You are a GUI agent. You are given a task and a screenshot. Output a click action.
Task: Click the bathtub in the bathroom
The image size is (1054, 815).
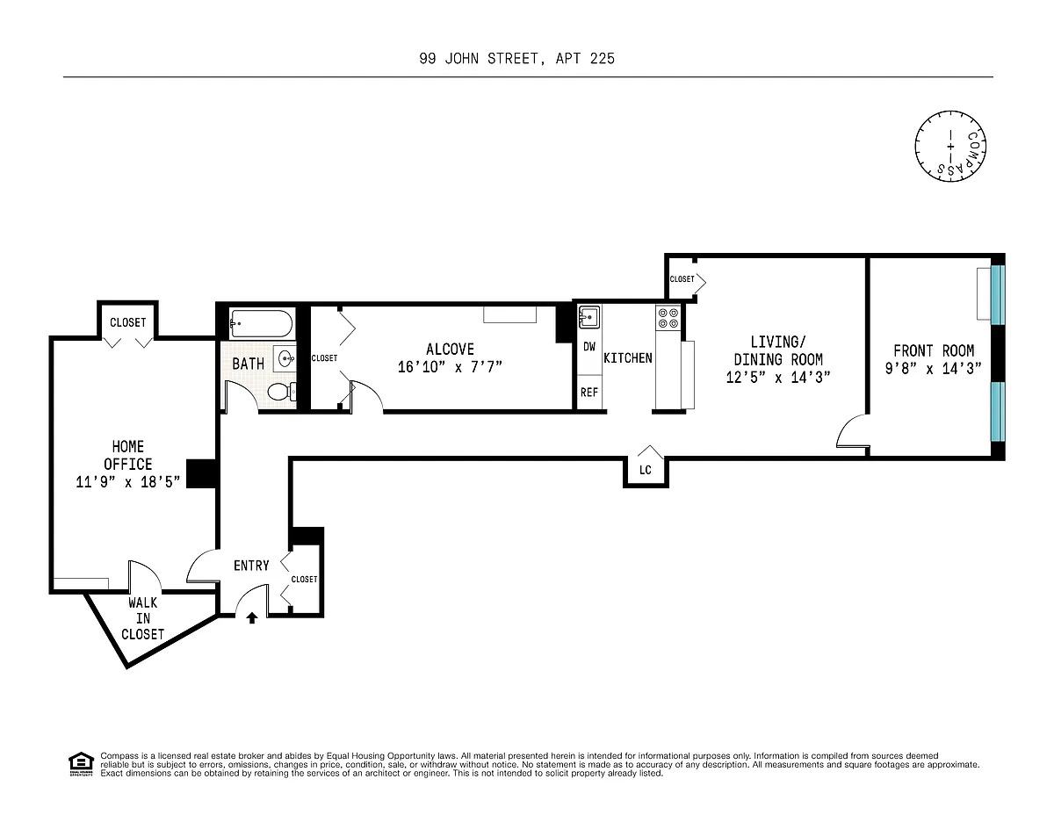(x=262, y=323)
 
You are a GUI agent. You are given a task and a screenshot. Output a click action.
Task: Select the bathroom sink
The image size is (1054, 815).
(x=285, y=359)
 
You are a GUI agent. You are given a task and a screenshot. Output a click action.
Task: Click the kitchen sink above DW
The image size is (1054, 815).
(x=589, y=318)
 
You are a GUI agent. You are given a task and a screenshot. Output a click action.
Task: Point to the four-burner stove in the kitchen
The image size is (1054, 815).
(x=668, y=318)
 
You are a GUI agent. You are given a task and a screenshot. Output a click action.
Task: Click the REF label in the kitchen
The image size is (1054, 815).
(x=589, y=393)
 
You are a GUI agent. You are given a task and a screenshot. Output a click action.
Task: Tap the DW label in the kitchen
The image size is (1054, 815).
(x=589, y=347)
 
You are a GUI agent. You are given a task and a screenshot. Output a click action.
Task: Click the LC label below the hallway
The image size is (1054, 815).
(x=645, y=470)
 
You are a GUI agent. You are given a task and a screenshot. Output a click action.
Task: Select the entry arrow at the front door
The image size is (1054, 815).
(x=252, y=617)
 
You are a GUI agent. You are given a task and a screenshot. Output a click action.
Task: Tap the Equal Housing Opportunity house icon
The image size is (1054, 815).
(x=81, y=764)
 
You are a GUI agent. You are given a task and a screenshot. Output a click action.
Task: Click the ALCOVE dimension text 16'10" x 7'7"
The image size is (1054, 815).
(x=450, y=367)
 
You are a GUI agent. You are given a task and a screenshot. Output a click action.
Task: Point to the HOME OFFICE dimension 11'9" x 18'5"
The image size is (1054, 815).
(x=127, y=482)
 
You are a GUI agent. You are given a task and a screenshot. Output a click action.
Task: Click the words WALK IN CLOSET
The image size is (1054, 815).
(x=142, y=618)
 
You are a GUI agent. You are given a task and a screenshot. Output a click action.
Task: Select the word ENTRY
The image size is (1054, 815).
(x=251, y=566)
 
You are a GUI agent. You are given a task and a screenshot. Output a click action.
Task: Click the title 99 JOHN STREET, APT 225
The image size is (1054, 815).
(x=517, y=59)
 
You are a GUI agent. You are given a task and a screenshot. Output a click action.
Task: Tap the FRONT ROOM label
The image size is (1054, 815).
(x=934, y=350)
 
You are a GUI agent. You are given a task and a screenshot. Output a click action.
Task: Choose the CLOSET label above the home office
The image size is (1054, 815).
(x=127, y=322)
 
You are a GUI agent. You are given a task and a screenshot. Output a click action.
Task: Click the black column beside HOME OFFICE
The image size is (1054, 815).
(x=201, y=473)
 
